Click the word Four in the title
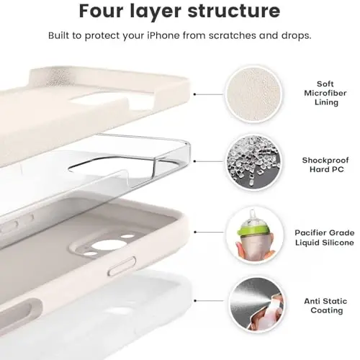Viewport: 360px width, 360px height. click(105, 12)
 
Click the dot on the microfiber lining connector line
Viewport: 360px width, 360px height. click(196, 94)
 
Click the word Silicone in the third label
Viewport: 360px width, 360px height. click(336, 243)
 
